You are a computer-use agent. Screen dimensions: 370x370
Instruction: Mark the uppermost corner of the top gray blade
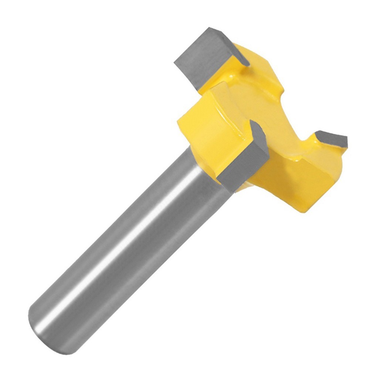pyautogui.click(x=210, y=27)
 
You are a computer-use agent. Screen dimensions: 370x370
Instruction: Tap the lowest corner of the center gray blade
pyautogui.click(x=233, y=192)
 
